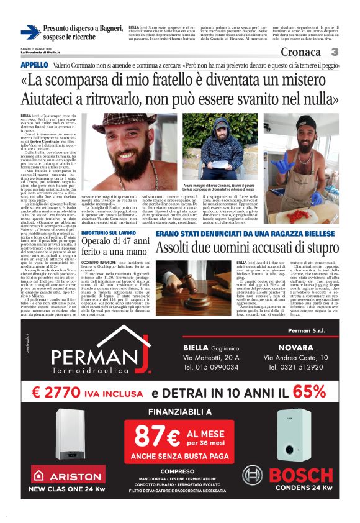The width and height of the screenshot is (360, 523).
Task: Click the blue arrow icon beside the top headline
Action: click(30, 32)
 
